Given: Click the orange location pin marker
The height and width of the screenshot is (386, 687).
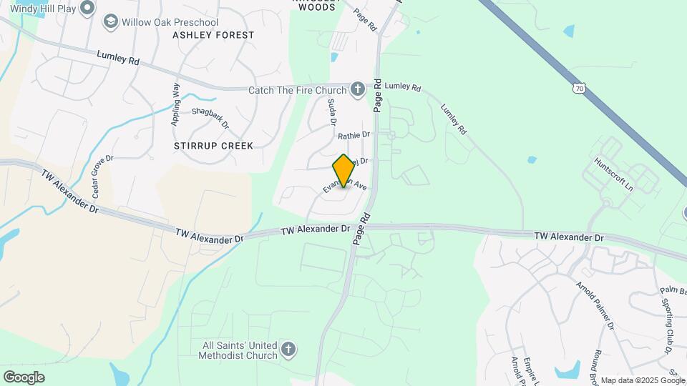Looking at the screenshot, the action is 343,171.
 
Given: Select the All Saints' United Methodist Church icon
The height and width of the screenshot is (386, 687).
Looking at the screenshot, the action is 288,350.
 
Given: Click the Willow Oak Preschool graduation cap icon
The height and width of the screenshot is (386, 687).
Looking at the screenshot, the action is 110,22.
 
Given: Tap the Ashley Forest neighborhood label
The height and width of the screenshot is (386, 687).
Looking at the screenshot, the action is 213,35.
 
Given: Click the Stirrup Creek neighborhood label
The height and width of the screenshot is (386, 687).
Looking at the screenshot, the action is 213,146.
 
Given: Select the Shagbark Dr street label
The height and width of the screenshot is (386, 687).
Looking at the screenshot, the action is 210,118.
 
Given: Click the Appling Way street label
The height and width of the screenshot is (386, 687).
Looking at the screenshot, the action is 176,105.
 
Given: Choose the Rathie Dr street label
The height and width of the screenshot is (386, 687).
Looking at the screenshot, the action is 354,134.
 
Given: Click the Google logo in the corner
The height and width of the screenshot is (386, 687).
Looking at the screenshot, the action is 24,377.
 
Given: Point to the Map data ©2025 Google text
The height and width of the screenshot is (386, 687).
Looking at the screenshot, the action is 642,380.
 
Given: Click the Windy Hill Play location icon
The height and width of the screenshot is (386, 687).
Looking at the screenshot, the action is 87,8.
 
